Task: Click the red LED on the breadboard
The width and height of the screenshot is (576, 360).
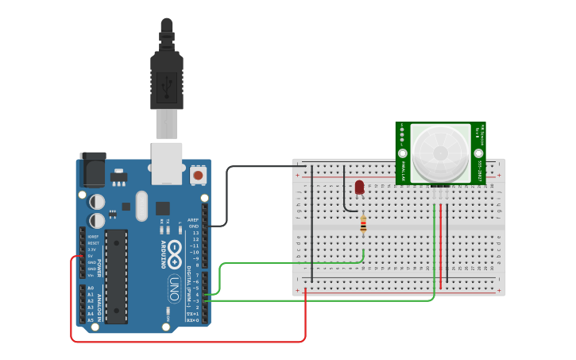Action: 359,187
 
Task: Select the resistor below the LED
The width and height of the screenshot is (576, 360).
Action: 363,226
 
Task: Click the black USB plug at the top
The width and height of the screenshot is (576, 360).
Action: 167,75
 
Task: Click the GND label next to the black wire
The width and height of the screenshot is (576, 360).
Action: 194,226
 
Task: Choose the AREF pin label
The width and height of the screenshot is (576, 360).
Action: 193,220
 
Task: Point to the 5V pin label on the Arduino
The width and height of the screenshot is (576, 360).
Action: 91,256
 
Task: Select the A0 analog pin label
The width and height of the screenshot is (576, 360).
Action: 91,288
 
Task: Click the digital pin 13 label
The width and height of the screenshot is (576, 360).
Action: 195,233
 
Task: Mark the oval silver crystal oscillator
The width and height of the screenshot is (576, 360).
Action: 141,206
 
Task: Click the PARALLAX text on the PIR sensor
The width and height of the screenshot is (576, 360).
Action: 403,171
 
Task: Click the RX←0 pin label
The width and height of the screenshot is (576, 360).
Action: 193,320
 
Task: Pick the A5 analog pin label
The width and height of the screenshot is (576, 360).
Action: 91,319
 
